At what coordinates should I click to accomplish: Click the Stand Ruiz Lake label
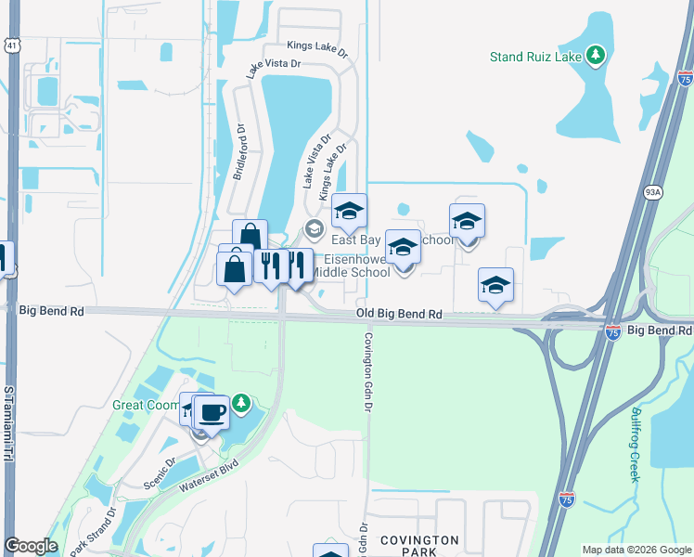click(x=535, y=57)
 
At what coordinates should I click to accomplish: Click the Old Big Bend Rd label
click(x=399, y=316)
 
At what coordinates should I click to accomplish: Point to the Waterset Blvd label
click(x=211, y=473)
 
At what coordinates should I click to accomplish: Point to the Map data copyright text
click(x=636, y=550)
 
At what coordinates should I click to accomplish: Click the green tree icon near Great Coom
click(x=240, y=403)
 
